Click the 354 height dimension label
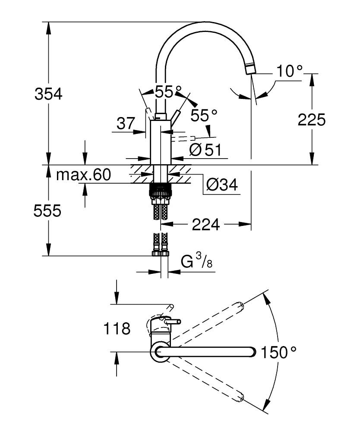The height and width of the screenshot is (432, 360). [x=48, y=94]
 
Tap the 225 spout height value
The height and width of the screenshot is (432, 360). [x=311, y=120]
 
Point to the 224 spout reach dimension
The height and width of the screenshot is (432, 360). [x=206, y=224]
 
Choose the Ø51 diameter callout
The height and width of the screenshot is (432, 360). [x=205, y=150]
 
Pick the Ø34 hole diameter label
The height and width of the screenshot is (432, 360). [x=221, y=185]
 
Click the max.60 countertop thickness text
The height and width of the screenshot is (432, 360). [x=84, y=175]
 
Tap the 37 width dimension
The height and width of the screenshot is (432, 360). [x=126, y=124]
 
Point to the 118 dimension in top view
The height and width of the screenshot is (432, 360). [x=117, y=329]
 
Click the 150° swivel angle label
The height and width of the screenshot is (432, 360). [x=279, y=353]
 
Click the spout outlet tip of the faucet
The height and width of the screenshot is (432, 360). [x=250, y=69]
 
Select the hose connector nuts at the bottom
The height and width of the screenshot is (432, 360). [x=161, y=252]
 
